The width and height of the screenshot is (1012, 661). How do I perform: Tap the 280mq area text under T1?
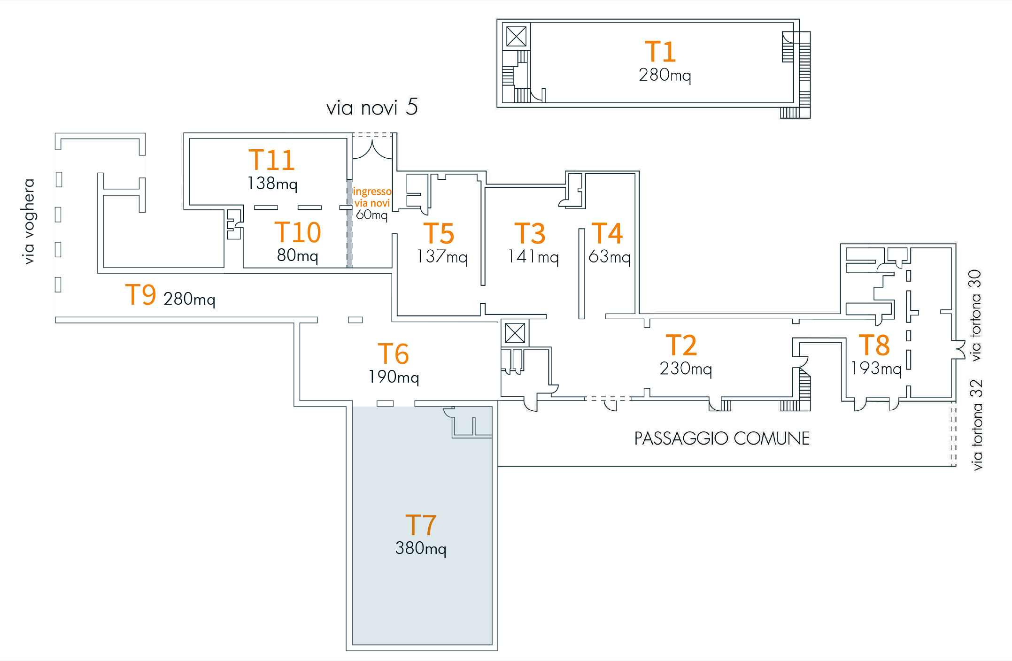(664, 75)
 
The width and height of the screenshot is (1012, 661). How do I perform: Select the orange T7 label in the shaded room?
(420, 525)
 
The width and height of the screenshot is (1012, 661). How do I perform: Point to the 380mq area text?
(420, 548)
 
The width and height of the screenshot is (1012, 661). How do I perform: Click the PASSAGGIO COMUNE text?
(722, 438)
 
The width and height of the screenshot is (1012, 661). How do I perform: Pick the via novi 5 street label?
(372, 108)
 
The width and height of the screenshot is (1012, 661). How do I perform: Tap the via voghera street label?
(29, 221)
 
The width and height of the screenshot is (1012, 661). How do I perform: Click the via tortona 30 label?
(975, 315)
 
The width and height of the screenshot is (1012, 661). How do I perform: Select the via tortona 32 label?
(976, 425)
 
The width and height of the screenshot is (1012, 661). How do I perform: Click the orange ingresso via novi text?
(372, 197)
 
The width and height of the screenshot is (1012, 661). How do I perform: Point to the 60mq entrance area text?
(372, 215)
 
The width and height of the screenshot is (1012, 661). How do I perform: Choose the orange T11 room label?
(271, 160)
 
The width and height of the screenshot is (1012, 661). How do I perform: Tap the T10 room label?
(298, 232)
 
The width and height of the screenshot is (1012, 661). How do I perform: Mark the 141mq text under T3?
(533, 257)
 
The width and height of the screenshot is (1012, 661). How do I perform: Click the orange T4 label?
(607, 233)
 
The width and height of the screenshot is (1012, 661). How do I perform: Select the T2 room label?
(681, 345)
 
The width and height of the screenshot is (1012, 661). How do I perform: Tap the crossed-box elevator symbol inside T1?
(516, 36)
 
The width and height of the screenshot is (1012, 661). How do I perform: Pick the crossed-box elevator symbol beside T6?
(515, 333)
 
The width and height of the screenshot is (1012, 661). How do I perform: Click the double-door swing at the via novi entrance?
(372, 149)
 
